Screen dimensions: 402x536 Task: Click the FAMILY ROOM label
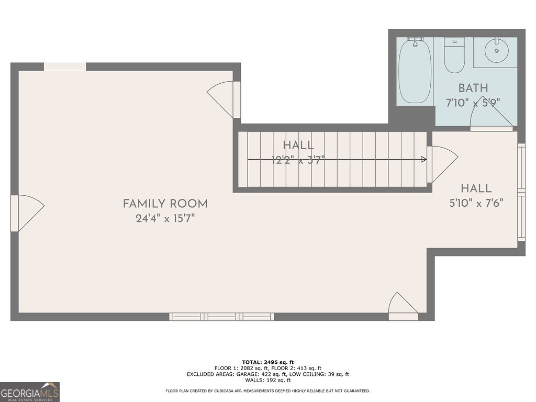tap(165, 204)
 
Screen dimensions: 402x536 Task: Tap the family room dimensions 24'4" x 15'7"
tap(165, 219)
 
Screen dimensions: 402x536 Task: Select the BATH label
tap(473, 88)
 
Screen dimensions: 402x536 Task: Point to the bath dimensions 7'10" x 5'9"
tap(473, 103)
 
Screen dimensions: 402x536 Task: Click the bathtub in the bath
tap(415, 71)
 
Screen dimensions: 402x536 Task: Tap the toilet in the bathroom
tap(454, 55)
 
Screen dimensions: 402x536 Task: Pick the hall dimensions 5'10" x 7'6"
tap(476, 203)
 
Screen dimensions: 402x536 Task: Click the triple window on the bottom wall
tap(221, 317)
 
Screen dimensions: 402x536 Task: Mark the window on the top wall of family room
tap(65, 66)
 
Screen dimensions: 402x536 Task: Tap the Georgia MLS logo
tap(30, 392)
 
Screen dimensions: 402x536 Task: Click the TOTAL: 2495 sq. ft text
tap(267, 362)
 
